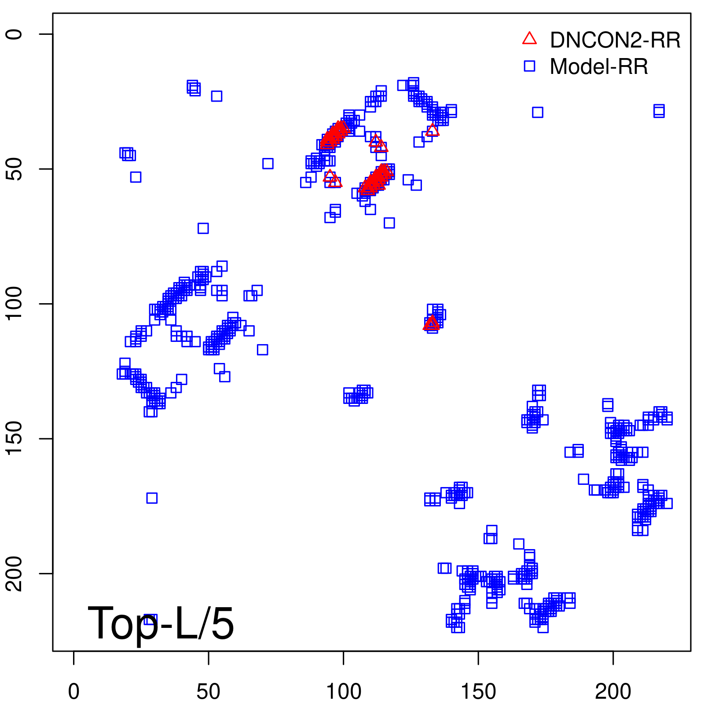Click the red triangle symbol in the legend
pos(529,39)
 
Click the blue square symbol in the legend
pos(529,66)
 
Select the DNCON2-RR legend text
pos(615,40)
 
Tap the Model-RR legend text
pos(599,67)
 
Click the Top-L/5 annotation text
pos(161,623)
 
